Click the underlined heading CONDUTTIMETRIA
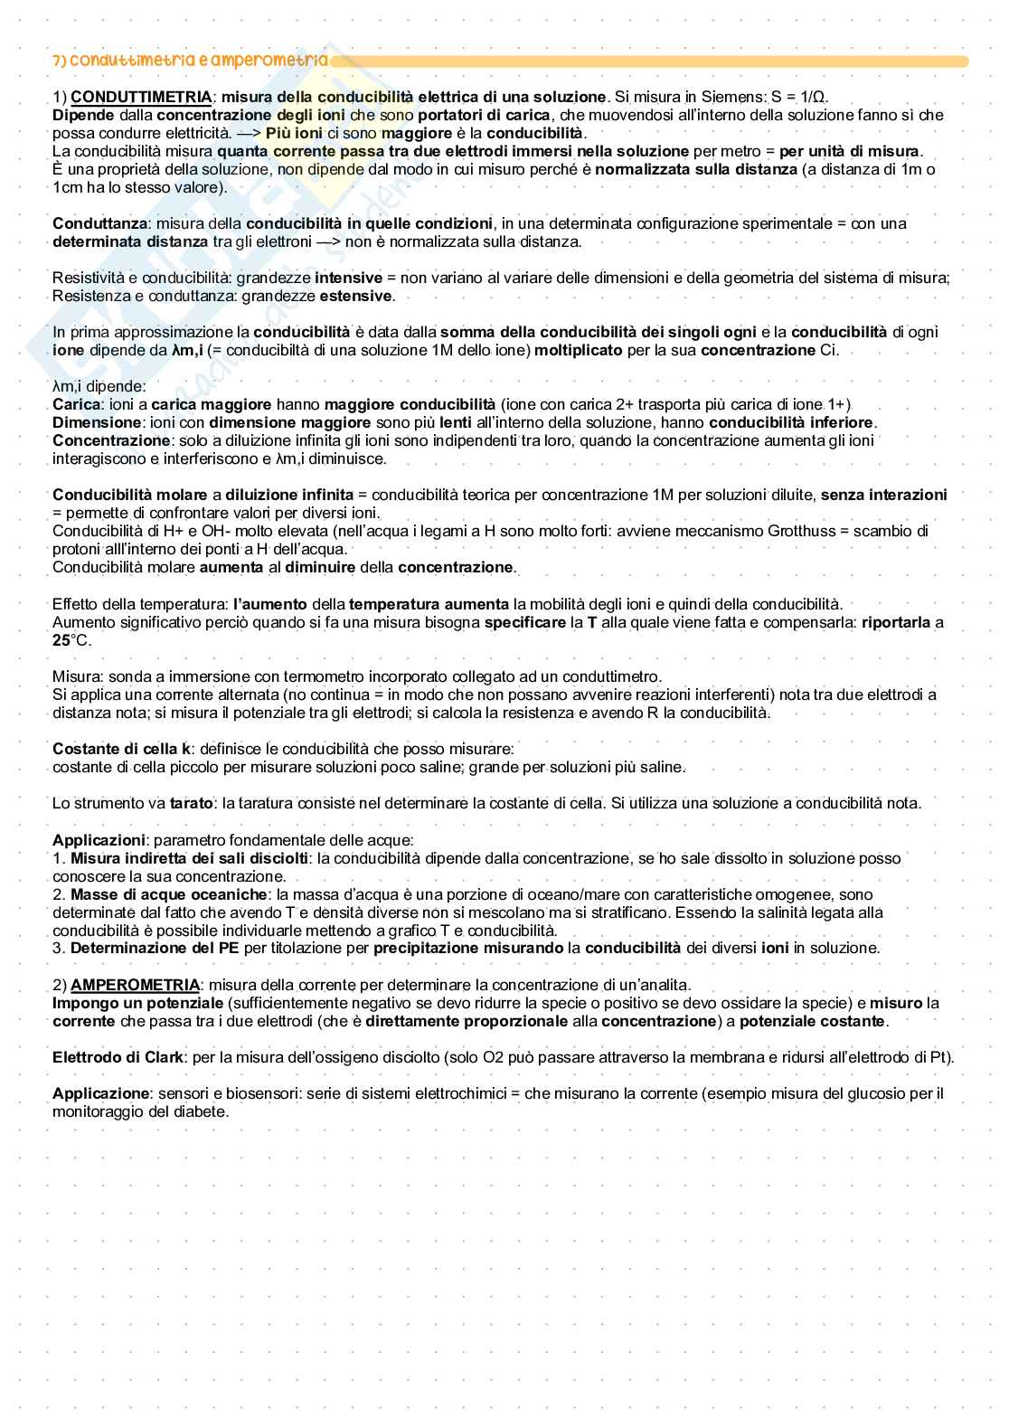point(141,97)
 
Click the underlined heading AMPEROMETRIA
point(135,985)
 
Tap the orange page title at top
point(190,61)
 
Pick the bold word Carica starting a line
point(76,404)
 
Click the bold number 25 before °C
point(61,640)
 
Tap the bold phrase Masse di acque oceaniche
point(168,894)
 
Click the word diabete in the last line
point(202,1111)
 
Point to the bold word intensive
point(348,278)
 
